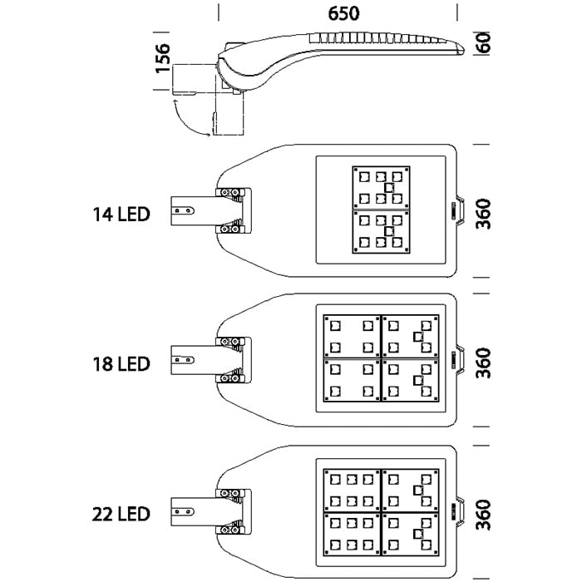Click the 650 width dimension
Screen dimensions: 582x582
coord(338,13)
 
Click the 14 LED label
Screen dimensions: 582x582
coord(121,215)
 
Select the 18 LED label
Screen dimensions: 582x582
coord(121,364)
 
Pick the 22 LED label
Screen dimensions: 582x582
coord(121,514)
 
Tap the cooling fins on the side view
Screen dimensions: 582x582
coord(378,39)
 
